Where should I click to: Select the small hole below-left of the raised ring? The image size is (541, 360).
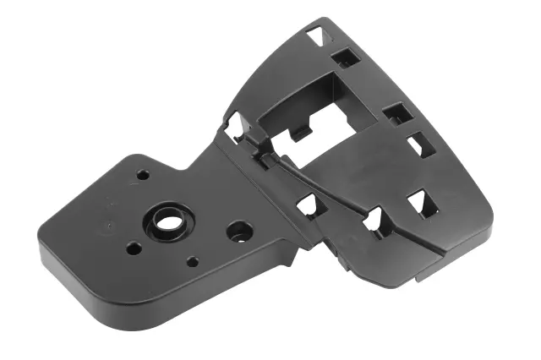pos(134,248)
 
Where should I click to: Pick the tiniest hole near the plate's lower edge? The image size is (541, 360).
pos(194,262)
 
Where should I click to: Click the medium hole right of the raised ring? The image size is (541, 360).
pos(238,230)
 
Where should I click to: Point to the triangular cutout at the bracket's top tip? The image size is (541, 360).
pos(315,35)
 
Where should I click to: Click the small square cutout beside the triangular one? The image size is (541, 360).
pos(345,57)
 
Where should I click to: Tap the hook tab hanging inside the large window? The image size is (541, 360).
pos(298,134)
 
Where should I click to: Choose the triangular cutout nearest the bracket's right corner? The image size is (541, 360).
pos(418,203)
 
